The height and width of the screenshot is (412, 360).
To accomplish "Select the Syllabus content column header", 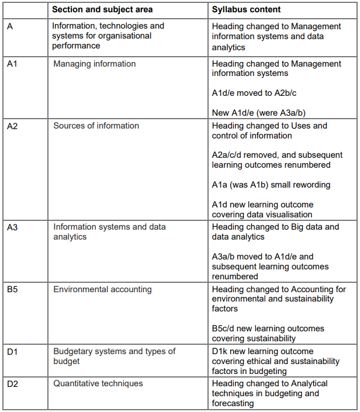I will [246, 9].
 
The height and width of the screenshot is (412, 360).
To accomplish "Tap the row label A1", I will [12, 64].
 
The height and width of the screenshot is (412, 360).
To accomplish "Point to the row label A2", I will [12, 126].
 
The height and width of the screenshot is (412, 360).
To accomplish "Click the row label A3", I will [12, 227].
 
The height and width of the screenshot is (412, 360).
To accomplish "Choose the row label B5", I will [12, 289].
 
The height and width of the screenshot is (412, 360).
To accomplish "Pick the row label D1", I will [12, 351].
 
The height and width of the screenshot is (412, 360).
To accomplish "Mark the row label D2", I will [12, 383].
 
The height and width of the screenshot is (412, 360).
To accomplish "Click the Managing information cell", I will [94, 64].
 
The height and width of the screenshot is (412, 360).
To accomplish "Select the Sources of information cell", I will [96, 126].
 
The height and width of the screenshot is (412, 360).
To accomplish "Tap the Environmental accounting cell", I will [102, 289].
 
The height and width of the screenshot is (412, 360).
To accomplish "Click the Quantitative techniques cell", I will [98, 383].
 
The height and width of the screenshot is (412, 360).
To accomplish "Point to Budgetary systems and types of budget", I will [114, 356].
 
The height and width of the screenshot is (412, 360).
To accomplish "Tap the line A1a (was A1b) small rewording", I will [271, 185].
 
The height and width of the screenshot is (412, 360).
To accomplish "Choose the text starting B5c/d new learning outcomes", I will [268, 333].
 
